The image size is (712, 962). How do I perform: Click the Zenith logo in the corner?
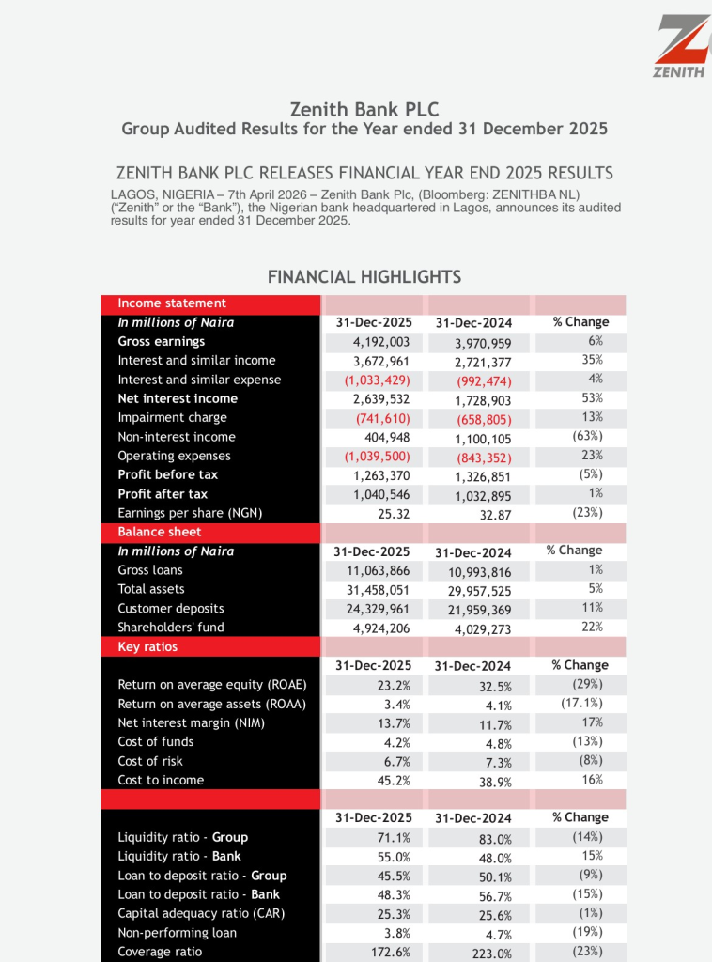[x=682, y=47]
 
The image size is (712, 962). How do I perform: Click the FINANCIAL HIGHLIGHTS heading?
[x=364, y=277]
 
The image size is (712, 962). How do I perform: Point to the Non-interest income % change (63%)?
[x=587, y=436]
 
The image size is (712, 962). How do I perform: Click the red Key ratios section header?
[x=147, y=646]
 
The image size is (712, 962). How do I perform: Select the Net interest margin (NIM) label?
[x=191, y=722]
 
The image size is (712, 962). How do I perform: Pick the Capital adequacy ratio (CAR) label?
[x=201, y=913]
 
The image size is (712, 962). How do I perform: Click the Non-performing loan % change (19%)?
[x=587, y=932]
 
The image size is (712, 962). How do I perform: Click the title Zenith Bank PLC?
[x=364, y=110]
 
